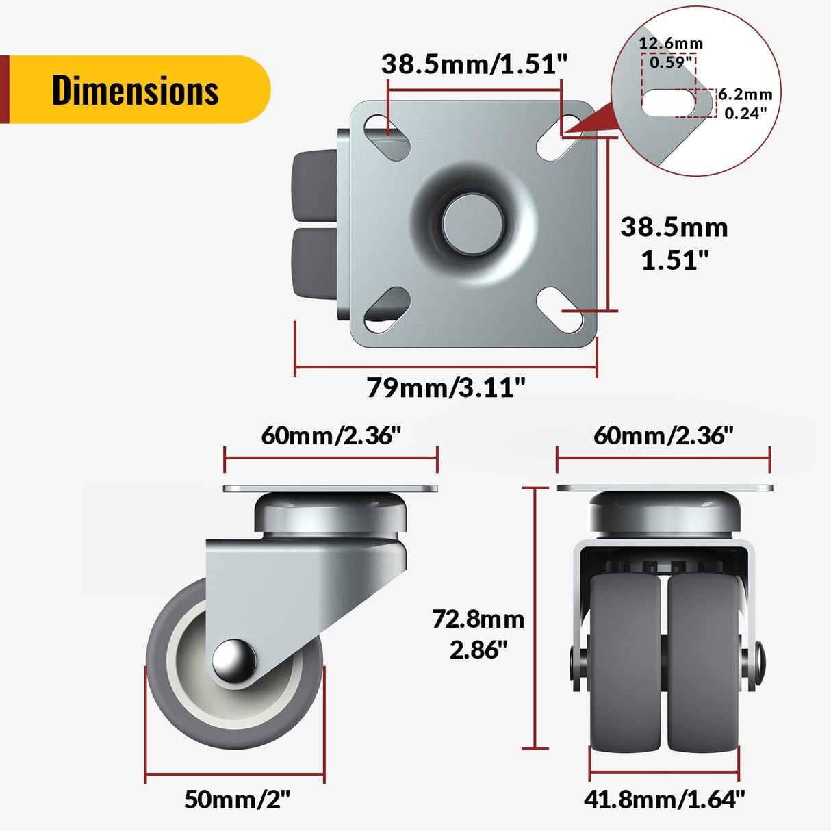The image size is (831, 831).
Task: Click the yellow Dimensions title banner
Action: click(x=137, y=90)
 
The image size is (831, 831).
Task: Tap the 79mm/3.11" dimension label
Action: click(x=446, y=387)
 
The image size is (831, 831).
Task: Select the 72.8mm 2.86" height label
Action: click(x=478, y=634)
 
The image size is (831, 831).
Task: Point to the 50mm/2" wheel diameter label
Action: click(x=237, y=799)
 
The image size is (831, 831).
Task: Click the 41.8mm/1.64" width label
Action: click(x=663, y=799)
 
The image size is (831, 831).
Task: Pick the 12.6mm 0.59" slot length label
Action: click(x=670, y=53)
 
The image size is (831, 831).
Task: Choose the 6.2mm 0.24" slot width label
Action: click(x=745, y=103)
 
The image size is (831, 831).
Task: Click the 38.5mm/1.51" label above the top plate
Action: click(x=474, y=64)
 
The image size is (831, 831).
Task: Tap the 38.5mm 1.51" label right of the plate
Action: click(x=674, y=243)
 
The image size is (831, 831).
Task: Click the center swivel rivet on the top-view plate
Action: click(x=473, y=222)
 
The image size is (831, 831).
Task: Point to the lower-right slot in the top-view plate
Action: click(x=559, y=310)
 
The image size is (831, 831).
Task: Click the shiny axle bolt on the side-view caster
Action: click(x=233, y=661)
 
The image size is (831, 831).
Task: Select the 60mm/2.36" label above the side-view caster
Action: click(x=331, y=435)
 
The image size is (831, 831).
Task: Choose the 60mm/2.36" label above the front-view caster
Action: click(x=663, y=435)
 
